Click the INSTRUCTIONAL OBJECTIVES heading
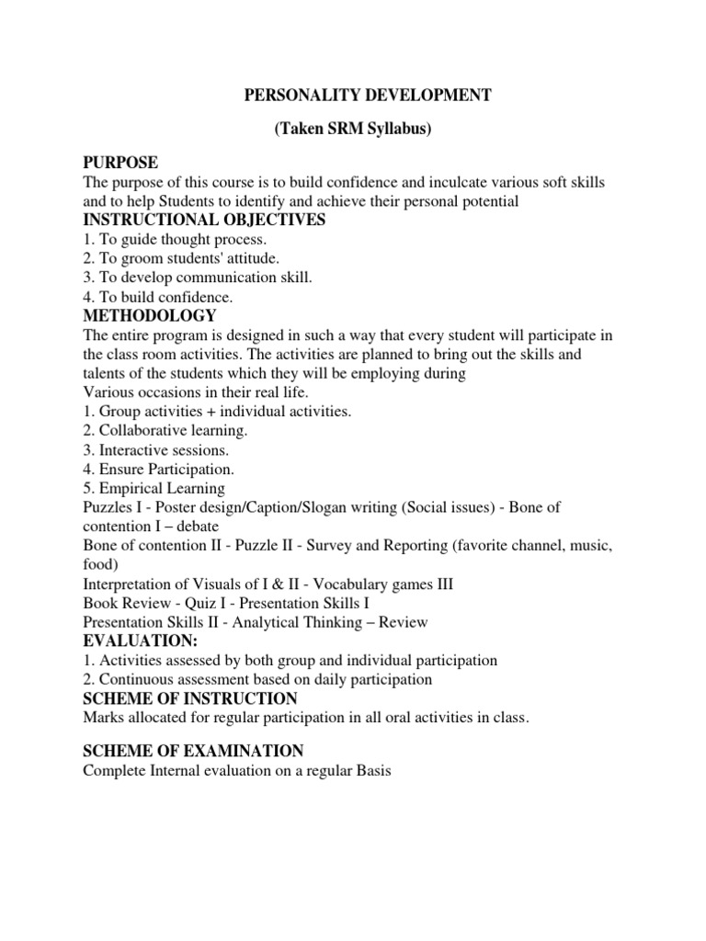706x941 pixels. coord(204,221)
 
